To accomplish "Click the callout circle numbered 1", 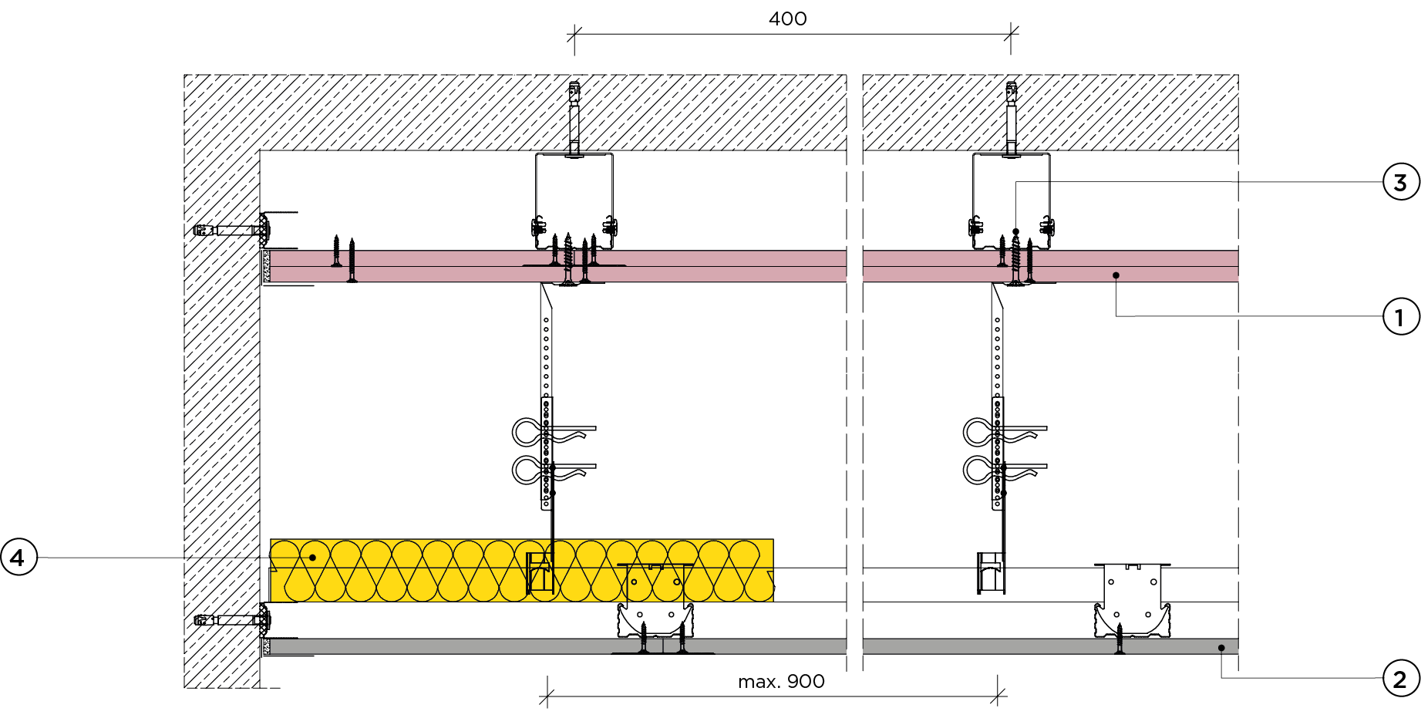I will pos(1400,317).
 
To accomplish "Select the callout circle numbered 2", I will pos(1400,679).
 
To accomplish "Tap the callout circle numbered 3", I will pos(1400,183).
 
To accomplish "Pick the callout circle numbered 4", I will pos(19,557).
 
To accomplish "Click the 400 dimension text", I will pos(787,19).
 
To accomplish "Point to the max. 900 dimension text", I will pos(780,681).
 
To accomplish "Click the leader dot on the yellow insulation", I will pos(312,557).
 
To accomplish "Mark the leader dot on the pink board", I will pos(1116,275).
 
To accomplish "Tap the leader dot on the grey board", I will pos(1221,648).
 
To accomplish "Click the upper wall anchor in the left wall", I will pos(231,230).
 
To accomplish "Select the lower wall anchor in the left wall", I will pos(231,619).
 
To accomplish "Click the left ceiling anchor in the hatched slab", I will pos(574,116).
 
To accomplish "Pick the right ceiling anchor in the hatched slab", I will pos(1011,116).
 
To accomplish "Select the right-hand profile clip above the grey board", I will pos(1132,602).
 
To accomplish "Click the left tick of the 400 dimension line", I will pos(574,34).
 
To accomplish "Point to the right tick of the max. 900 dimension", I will pos(998,696).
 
